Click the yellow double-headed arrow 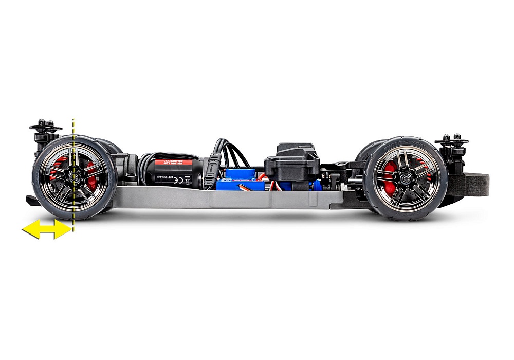[x=46, y=229]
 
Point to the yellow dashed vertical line [x=74, y=154]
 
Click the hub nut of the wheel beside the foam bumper [x=406, y=177]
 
